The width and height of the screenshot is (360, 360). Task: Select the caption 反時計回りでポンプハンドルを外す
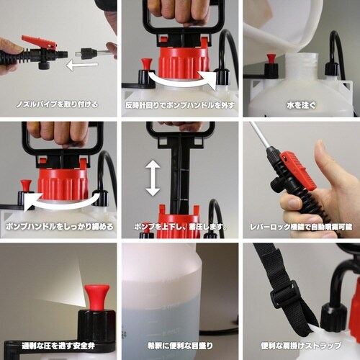[x=179, y=105]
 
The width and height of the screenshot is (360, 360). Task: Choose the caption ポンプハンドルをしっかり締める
[x=58, y=226]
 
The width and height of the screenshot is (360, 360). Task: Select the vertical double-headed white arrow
[x=153, y=179]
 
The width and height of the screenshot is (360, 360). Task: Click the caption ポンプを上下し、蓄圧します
[x=179, y=226]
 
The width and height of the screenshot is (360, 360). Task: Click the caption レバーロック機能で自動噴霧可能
[x=301, y=226]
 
